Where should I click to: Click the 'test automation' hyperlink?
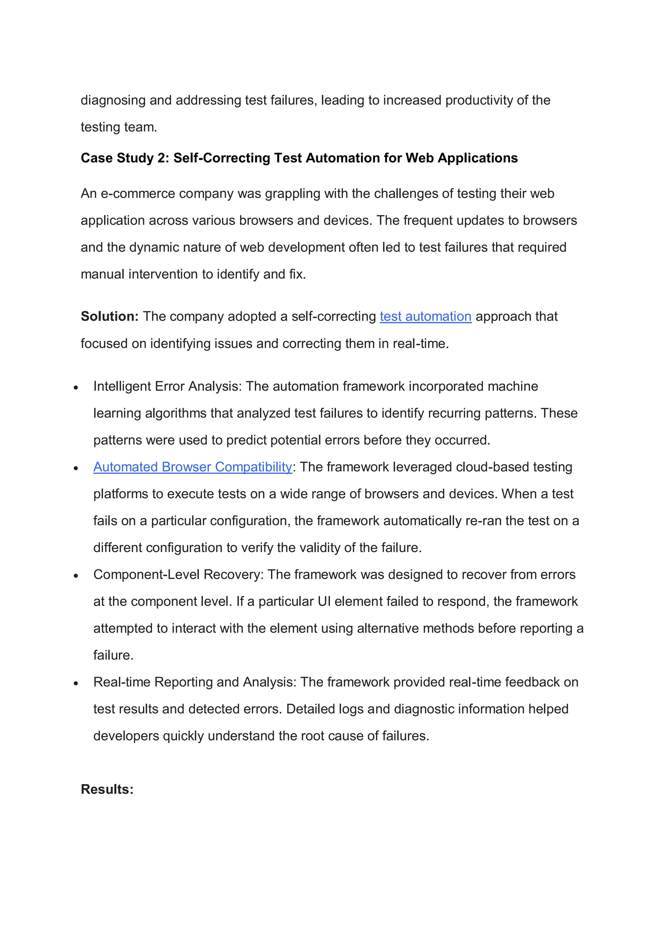[x=425, y=316]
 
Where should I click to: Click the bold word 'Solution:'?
[x=110, y=316]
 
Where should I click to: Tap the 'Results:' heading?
[x=107, y=789]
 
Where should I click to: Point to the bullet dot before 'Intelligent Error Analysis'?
[x=76, y=387]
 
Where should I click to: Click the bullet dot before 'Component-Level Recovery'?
[x=76, y=576]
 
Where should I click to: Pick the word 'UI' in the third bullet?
[x=324, y=601]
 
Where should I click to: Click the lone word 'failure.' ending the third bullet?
[x=113, y=655]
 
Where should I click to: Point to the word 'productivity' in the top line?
[x=479, y=100]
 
